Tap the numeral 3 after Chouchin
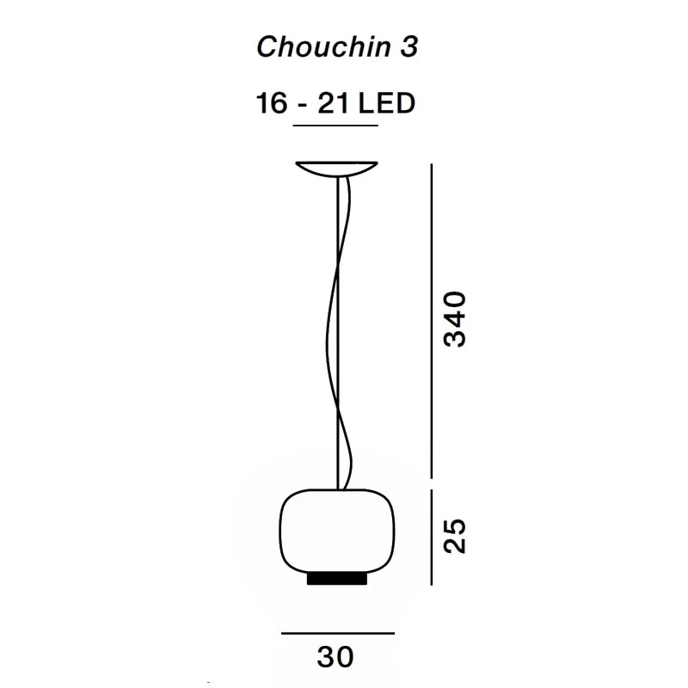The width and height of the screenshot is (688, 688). pyautogui.click(x=408, y=47)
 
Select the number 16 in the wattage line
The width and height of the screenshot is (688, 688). pyautogui.click(x=271, y=103)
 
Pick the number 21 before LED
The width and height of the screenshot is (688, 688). pyautogui.click(x=334, y=103)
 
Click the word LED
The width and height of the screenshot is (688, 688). pyautogui.click(x=386, y=103)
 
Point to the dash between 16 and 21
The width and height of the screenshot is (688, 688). pyautogui.click(x=302, y=105)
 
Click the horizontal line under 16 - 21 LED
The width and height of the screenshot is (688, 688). pyautogui.click(x=335, y=126)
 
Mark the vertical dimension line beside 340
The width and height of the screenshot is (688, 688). pyautogui.click(x=431, y=319)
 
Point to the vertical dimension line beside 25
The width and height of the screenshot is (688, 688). pyautogui.click(x=431, y=535)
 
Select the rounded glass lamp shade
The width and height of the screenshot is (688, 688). pyautogui.click(x=336, y=529)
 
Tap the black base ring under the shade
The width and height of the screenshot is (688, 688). pyautogui.click(x=336, y=579)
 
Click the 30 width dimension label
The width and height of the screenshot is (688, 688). pyautogui.click(x=335, y=658)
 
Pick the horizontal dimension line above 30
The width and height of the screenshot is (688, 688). pyautogui.click(x=337, y=633)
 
